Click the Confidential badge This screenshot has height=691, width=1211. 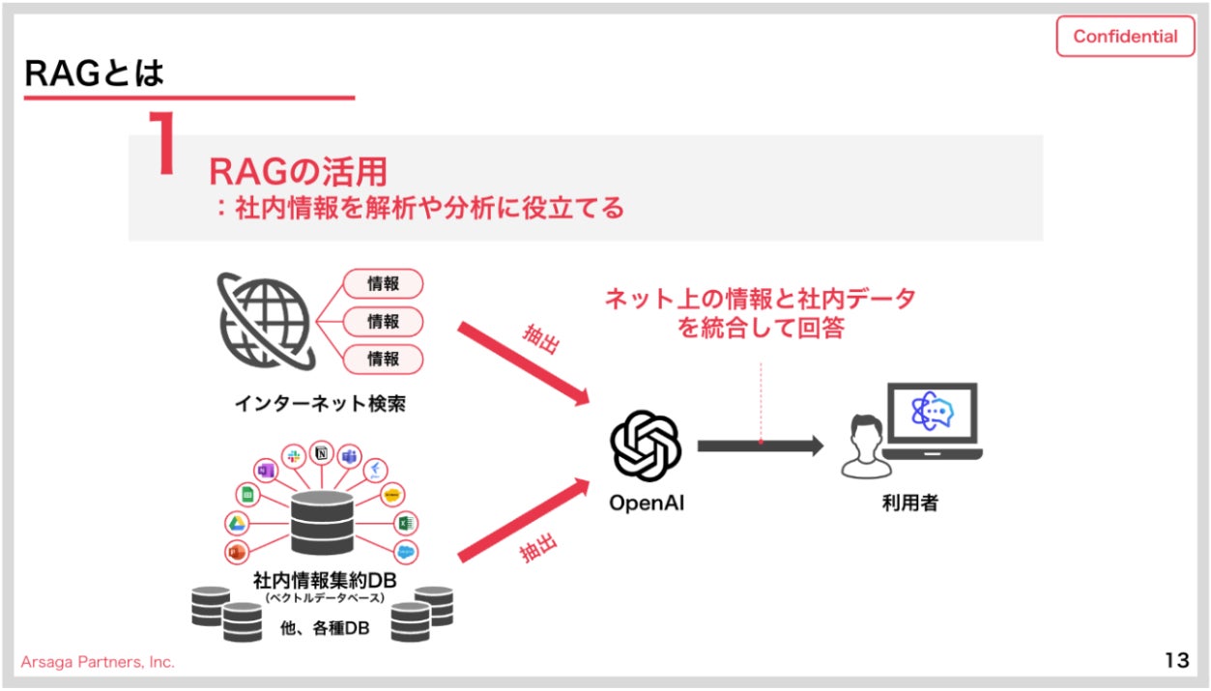pos(1125,37)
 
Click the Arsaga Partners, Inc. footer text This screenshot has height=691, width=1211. pos(98,662)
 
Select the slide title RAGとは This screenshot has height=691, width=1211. pos(94,73)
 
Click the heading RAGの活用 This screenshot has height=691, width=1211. pos(298,172)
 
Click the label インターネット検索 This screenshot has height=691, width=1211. pos(320,403)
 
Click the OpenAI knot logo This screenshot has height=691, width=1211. pos(646,446)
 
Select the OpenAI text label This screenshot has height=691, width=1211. pos(646,504)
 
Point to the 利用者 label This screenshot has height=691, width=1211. pos(909,504)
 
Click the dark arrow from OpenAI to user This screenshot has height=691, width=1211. pos(760,446)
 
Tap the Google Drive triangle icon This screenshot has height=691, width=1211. pos(236,524)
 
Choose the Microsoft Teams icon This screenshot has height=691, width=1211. pos(349,456)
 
